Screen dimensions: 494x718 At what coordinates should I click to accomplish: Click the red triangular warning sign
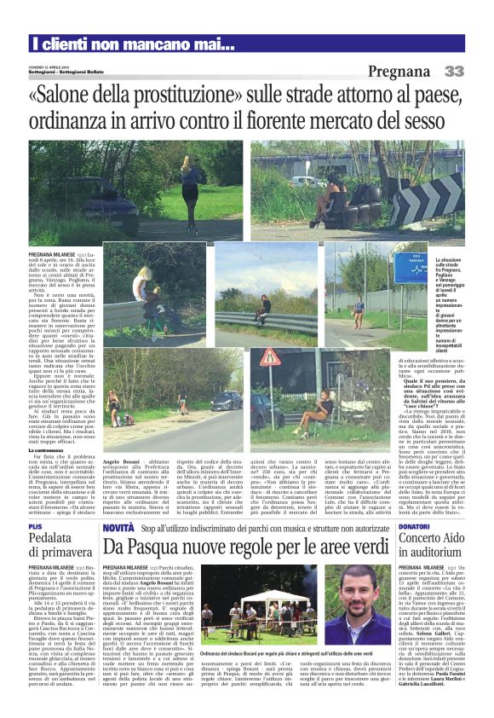pyautogui.click(x=268, y=356)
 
